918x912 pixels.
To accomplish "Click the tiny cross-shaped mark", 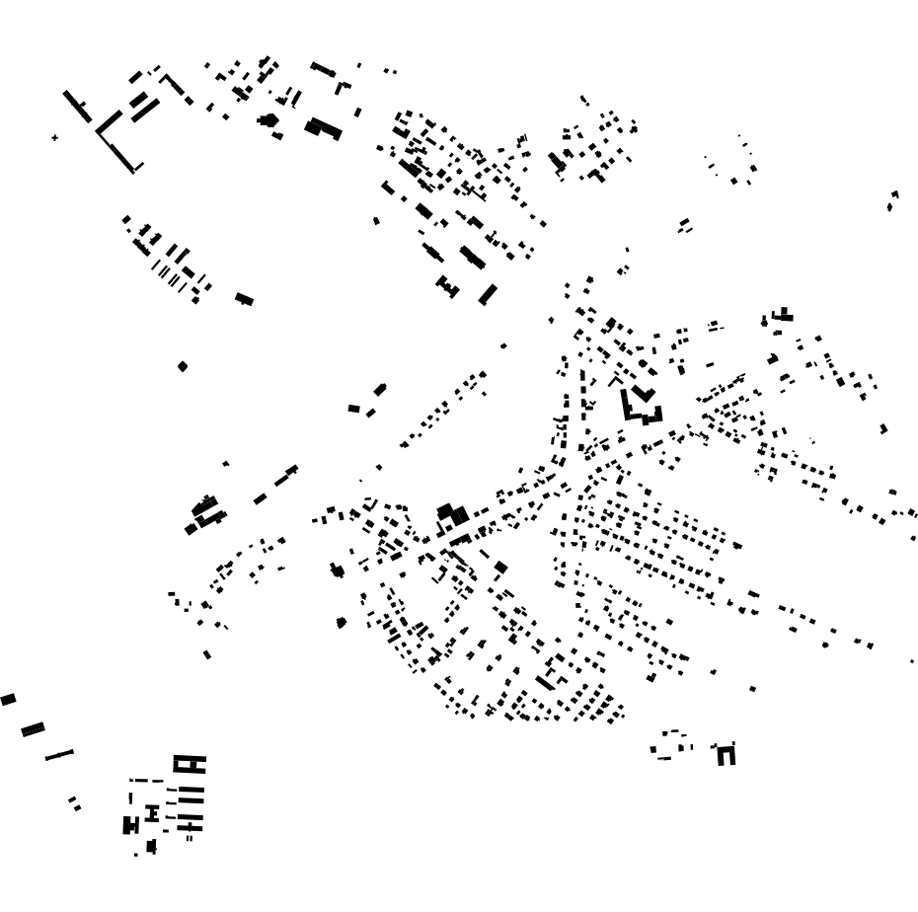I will (x=54, y=138).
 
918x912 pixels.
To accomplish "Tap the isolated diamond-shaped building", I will (x=183, y=366).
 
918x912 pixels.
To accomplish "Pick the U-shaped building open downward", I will (x=727, y=755).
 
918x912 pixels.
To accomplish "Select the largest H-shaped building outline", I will (x=190, y=763).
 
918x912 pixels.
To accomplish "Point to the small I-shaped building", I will (x=152, y=813).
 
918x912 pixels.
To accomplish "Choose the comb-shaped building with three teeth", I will (x=448, y=287).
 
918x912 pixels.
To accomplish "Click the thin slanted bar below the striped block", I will (x=59, y=755).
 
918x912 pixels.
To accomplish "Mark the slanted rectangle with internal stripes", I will (x=33, y=729).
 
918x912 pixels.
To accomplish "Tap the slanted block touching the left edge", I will (x=8, y=699).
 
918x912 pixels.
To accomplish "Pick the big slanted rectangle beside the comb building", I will (x=488, y=294).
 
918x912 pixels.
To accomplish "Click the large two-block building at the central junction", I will (x=452, y=514).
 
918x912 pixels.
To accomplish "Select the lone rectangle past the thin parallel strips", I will (x=244, y=299).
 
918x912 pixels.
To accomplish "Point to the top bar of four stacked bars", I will (x=191, y=789).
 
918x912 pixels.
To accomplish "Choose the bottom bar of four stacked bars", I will (x=191, y=827).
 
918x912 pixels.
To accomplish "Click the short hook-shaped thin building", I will (x=342, y=86).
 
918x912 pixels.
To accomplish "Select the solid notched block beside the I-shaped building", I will (x=130, y=825).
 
